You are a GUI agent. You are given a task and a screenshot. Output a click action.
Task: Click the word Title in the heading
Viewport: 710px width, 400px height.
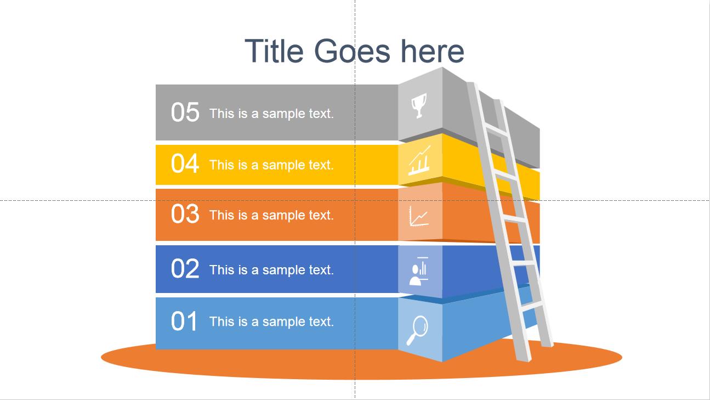[x=274, y=50]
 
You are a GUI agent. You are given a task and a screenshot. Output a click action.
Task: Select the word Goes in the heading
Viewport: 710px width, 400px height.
[x=352, y=50]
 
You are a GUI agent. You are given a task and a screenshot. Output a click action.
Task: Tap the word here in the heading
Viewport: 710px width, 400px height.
[x=433, y=50]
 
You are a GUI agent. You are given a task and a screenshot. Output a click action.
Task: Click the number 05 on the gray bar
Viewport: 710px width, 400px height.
[x=185, y=112]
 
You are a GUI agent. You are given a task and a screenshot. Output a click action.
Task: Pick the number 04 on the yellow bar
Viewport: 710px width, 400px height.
[x=185, y=164]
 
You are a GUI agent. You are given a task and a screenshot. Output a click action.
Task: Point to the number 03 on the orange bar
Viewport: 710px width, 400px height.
[x=185, y=213]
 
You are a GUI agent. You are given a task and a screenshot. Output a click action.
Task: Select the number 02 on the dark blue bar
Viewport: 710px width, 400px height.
[x=185, y=268]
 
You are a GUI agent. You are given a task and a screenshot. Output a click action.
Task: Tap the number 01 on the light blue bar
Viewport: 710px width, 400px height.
[x=184, y=321]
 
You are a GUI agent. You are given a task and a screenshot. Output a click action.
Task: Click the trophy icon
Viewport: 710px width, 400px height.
[x=419, y=106]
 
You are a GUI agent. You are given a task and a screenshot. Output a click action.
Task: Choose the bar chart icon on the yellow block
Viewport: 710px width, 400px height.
[x=419, y=160]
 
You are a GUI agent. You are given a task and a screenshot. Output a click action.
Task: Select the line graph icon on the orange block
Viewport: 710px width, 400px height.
[x=419, y=216]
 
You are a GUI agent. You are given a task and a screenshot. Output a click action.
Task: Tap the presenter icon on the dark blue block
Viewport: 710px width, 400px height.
[x=419, y=271]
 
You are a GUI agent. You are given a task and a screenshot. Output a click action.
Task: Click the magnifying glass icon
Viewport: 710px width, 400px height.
[x=417, y=330]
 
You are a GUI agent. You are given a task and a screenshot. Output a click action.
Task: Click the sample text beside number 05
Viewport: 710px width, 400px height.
[x=271, y=114]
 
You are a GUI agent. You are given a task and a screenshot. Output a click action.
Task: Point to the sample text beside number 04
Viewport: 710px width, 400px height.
[x=271, y=165]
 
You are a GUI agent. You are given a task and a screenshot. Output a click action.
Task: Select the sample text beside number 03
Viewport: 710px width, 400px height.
[x=271, y=215]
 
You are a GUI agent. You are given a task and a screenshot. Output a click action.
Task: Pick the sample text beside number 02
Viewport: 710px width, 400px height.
[x=271, y=270]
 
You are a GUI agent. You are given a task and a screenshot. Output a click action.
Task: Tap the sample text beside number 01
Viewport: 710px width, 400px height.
[x=271, y=322]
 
